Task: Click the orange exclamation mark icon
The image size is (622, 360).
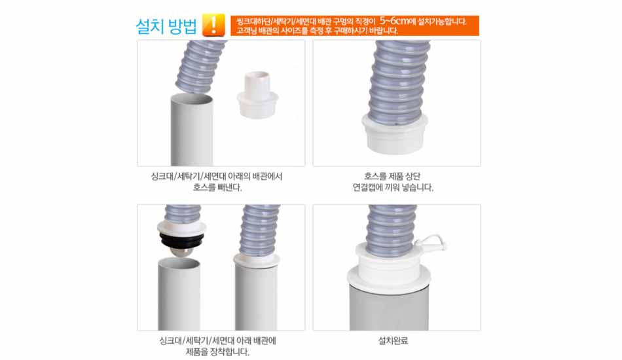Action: coord(213,25)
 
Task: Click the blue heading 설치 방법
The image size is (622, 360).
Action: coord(166,26)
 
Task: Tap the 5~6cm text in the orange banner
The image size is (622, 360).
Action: coord(394,20)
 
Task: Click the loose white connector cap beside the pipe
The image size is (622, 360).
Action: coord(257,94)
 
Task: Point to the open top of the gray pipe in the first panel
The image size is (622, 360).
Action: coord(192,99)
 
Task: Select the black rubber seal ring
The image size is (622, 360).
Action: coord(181,239)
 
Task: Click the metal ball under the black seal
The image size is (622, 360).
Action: coord(181,251)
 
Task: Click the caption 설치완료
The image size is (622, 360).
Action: coord(393,340)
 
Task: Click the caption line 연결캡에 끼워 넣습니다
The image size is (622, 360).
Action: coord(393,187)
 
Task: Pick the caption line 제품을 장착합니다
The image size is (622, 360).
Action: coord(217,351)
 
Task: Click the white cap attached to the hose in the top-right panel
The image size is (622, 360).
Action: coord(395,134)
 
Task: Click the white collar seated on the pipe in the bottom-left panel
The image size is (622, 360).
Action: coord(257,260)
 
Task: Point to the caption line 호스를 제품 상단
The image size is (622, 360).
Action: coord(392,176)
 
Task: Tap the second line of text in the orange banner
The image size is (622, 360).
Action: coord(317,31)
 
